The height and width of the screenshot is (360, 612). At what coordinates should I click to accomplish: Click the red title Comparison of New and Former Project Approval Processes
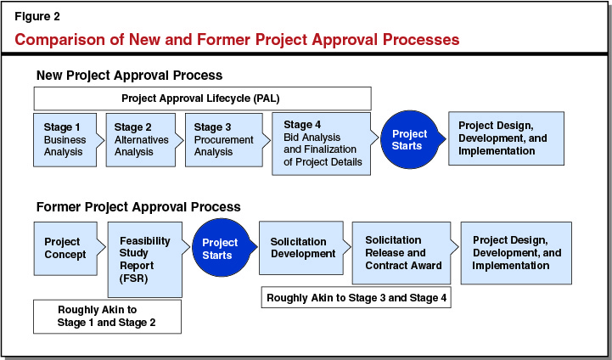tap(237, 39)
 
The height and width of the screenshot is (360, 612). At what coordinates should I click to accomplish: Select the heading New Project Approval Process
tap(128, 76)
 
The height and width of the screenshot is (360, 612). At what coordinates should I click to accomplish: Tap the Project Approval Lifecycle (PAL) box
tap(203, 98)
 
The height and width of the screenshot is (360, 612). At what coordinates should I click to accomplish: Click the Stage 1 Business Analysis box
tap(65, 139)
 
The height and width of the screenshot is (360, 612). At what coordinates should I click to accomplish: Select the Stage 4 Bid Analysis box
tap(321, 143)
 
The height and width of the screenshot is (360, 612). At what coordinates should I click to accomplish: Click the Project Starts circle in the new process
tap(410, 140)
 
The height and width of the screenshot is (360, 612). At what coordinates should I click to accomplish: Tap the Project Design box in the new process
tap(505, 138)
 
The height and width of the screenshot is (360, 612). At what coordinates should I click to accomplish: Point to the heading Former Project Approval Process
tap(138, 206)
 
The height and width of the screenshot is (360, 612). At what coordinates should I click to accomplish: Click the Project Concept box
tap(65, 247)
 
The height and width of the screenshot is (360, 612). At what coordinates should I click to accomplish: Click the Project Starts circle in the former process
tap(220, 249)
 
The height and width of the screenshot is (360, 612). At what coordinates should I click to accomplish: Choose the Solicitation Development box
tap(300, 248)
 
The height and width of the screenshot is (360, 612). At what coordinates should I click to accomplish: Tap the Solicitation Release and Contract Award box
tap(401, 252)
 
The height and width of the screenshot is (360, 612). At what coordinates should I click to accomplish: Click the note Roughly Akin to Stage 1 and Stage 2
tap(107, 316)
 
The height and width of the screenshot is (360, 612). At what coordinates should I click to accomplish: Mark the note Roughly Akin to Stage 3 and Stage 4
tap(357, 298)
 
